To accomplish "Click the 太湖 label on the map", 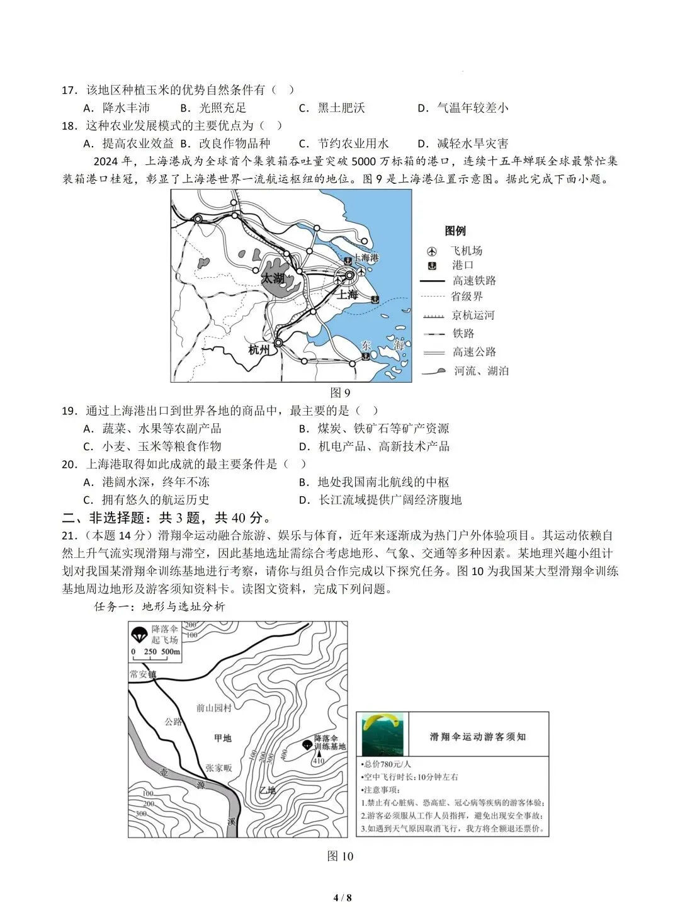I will [x=273, y=278].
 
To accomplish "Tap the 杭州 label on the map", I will [x=259, y=349].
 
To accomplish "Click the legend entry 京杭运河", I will [x=473, y=315].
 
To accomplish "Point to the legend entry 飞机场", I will [x=467, y=250].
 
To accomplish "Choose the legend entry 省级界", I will [x=467, y=296].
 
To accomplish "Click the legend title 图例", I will [x=455, y=230].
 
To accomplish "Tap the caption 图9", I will [x=340, y=393].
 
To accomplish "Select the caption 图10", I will [x=340, y=856].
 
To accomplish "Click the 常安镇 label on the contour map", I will [x=142, y=674].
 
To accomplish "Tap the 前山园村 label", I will [x=213, y=708].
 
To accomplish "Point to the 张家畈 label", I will [x=218, y=768].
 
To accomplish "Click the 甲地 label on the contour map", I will [x=222, y=738].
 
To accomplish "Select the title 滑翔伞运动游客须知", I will [x=478, y=736].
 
